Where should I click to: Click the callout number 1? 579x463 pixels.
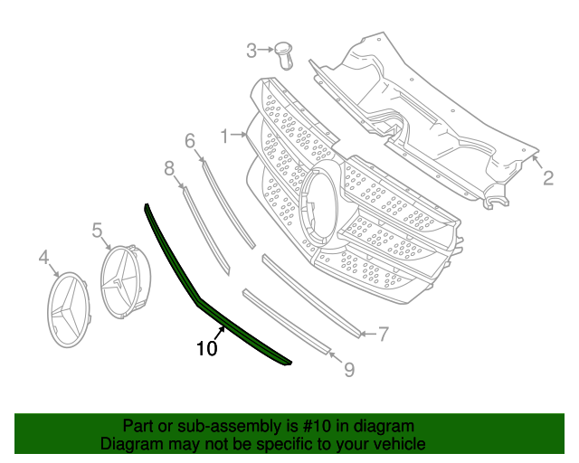point(223,137)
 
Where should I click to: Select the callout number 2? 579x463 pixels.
point(548,178)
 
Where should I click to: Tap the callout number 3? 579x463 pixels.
point(252,52)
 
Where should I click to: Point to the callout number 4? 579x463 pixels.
point(43,260)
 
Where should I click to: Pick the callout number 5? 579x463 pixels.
point(97,231)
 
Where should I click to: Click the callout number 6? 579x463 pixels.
point(190,140)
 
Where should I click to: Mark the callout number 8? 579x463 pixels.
point(169,167)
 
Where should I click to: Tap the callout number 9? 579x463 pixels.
point(348,369)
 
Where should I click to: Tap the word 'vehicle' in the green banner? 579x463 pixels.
point(395,444)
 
